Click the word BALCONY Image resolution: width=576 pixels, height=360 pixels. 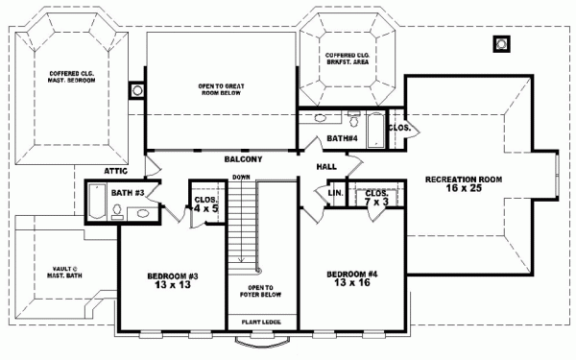click(x=243, y=158)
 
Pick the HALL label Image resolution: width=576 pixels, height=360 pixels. click(x=324, y=167)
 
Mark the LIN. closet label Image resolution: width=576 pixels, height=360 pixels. click(x=335, y=193)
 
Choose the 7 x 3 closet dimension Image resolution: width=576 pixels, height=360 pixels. click(x=375, y=203)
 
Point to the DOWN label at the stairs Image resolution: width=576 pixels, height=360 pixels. click(x=241, y=178)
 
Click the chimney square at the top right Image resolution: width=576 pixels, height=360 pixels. click(x=499, y=43)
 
